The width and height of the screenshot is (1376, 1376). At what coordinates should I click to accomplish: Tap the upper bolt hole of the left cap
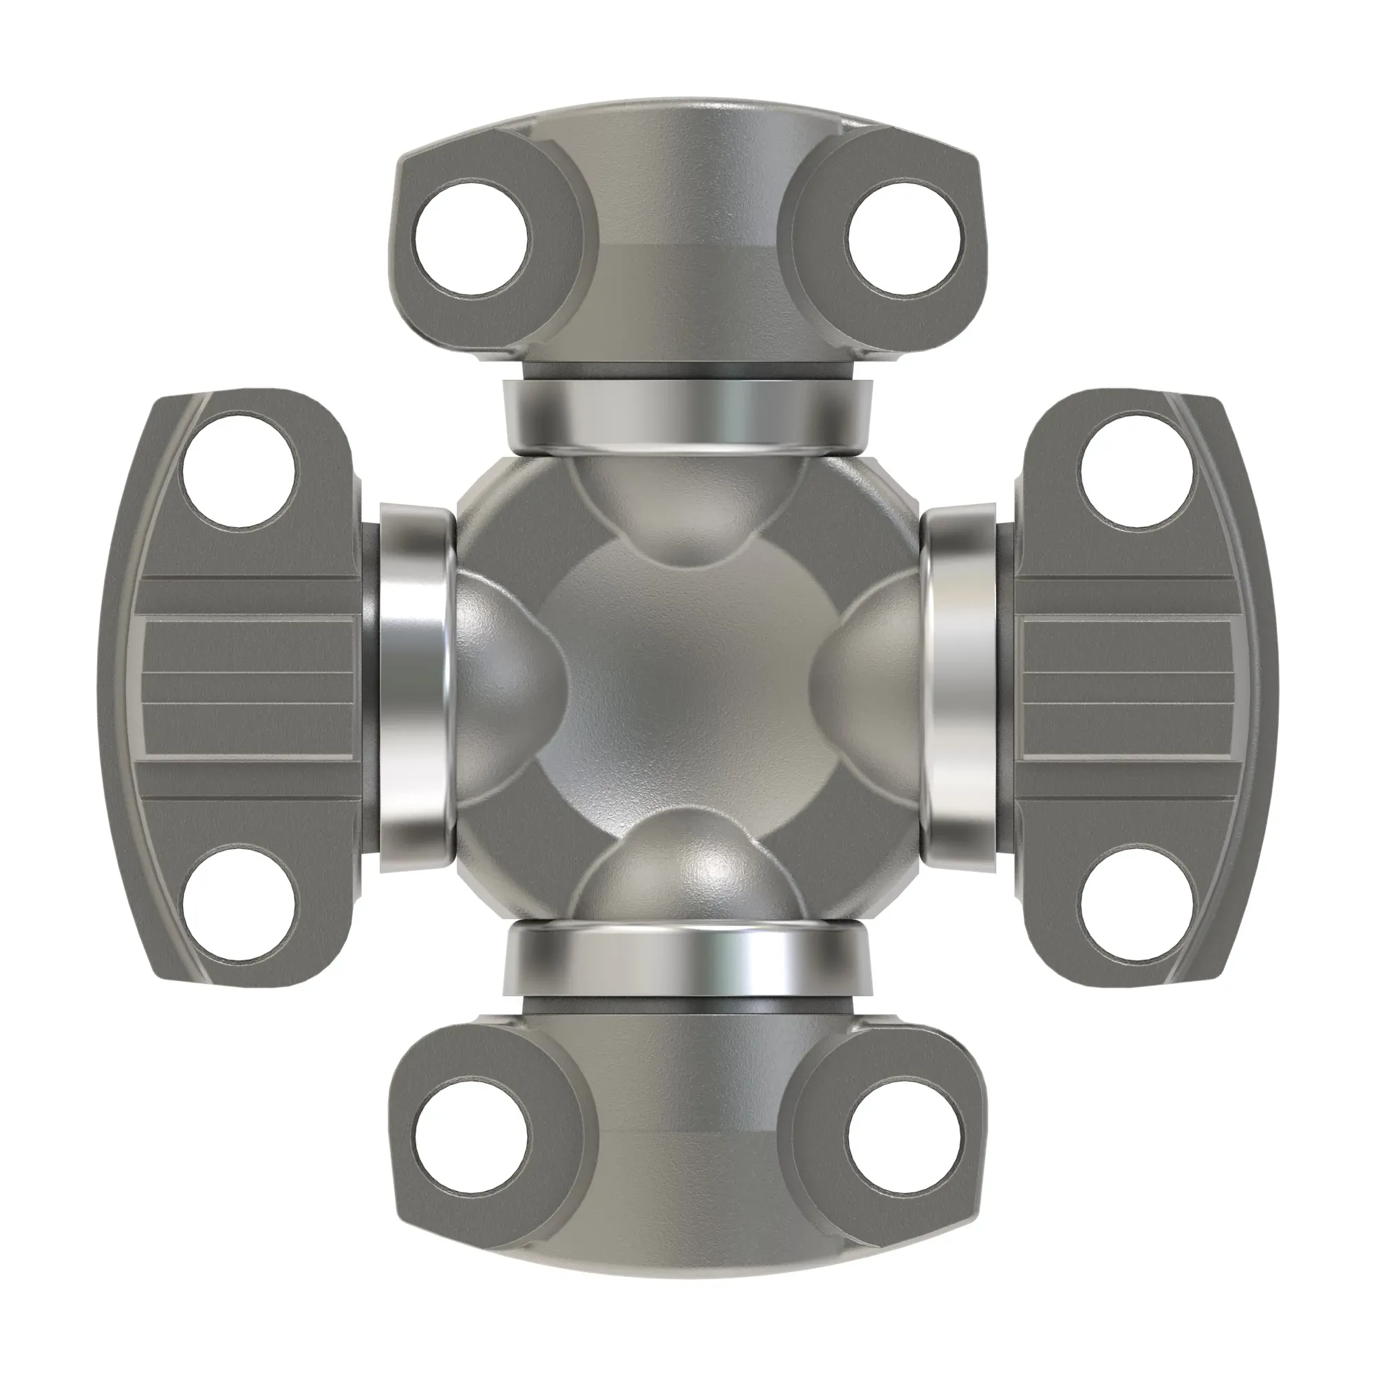pyautogui.click(x=239, y=471)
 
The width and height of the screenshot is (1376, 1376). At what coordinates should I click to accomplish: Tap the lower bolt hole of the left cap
pyautogui.click(x=239, y=903)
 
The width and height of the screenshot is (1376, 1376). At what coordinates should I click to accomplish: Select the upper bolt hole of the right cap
pyautogui.click(x=1137, y=471)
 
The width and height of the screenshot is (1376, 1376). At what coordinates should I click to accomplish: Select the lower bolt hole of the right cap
pyautogui.click(x=1137, y=903)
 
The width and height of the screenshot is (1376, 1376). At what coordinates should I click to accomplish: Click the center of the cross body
pyautogui.click(x=687, y=687)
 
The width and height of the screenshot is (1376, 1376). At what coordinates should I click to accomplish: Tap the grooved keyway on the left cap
pyautogui.click(x=249, y=687)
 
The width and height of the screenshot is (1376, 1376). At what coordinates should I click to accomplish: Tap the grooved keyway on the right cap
pyautogui.click(x=1129, y=687)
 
